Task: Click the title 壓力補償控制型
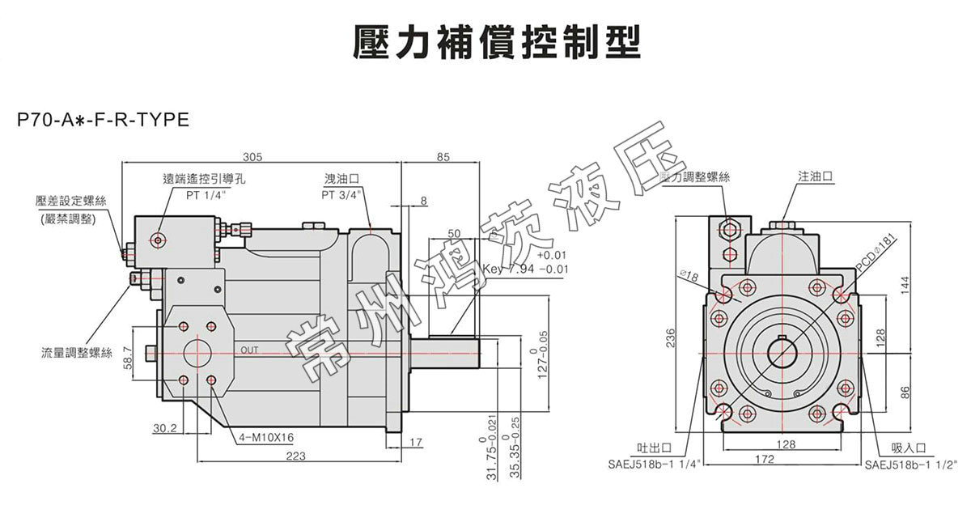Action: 497,42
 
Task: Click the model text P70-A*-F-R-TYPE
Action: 103,121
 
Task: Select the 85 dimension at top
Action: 443,157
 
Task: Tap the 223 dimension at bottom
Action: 296,457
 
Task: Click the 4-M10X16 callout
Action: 265,438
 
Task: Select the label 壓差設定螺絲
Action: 66,200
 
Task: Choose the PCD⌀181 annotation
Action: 878,252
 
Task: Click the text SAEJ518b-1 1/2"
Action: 910,465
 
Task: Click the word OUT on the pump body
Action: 249,350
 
